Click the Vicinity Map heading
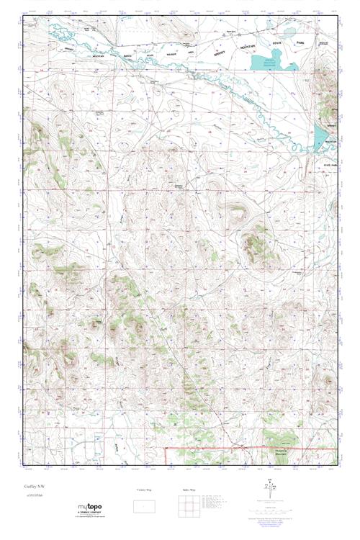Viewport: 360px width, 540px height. click(x=144, y=490)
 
